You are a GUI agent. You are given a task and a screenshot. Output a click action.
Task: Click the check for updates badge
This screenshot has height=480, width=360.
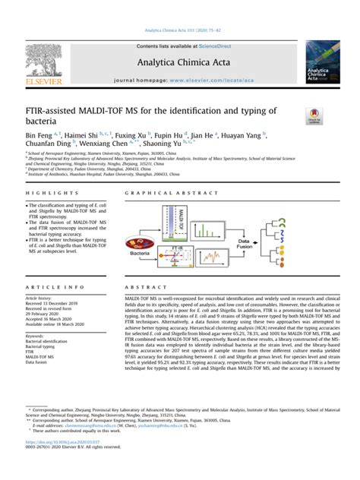(x=313, y=115)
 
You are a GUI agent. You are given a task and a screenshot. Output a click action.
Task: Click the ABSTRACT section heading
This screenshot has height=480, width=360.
(x=136, y=288)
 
